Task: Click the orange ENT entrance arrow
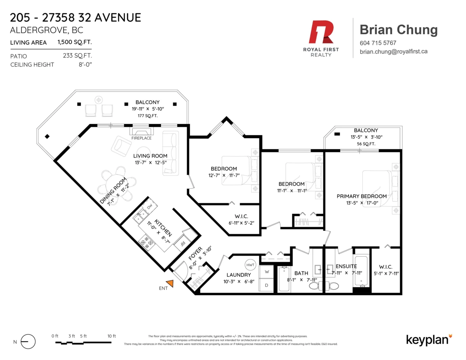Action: coord(170,284)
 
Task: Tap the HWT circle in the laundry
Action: coord(250,265)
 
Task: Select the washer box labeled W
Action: coord(267,271)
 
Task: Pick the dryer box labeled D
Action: coord(267,285)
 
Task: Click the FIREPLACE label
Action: coord(141,138)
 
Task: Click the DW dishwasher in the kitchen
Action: coord(149,206)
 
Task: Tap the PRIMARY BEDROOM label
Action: coord(361,196)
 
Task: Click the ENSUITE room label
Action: coord(346,266)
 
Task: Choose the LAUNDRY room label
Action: coord(239,275)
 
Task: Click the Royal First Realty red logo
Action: coord(321,33)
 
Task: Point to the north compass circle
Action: coord(28,342)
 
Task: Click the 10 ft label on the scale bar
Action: coord(111,336)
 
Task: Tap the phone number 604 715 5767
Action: coord(378,43)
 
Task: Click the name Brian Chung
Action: coord(398,30)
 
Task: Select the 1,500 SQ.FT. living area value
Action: coord(75,42)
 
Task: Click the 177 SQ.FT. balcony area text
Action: coord(147,116)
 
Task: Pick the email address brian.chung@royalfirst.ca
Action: coord(393,51)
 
